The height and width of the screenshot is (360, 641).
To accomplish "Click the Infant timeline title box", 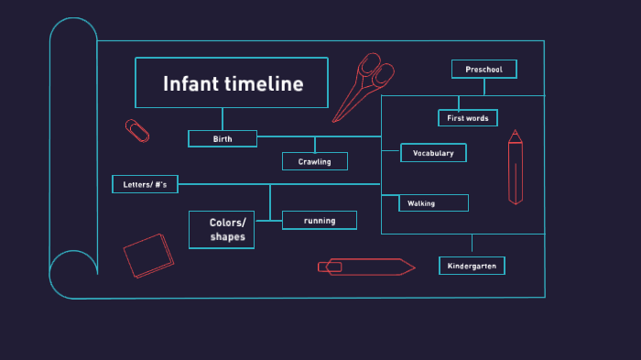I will (x=232, y=83).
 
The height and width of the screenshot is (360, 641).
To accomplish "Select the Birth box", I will (x=223, y=139).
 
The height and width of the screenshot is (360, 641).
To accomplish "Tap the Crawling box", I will (x=314, y=162).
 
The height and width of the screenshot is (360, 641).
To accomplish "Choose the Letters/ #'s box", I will (x=145, y=184).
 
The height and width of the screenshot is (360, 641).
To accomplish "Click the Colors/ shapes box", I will (x=222, y=230).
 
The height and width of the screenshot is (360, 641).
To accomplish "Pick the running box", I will (x=320, y=220).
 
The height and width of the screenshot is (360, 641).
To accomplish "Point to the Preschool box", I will (x=483, y=70).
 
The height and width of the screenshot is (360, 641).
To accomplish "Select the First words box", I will (x=467, y=118).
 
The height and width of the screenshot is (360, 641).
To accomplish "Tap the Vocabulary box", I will (x=433, y=153).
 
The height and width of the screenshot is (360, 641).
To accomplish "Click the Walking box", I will (x=433, y=203).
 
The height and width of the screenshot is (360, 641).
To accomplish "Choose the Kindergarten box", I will (x=472, y=266).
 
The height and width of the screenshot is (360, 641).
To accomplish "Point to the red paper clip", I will (x=137, y=130).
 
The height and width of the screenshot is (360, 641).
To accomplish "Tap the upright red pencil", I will (x=516, y=167).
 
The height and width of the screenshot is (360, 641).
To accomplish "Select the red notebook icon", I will (x=147, y=255).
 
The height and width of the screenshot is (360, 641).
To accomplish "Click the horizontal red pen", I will (x=365, y=267).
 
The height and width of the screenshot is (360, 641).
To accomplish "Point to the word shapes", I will (x=228, y=237).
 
